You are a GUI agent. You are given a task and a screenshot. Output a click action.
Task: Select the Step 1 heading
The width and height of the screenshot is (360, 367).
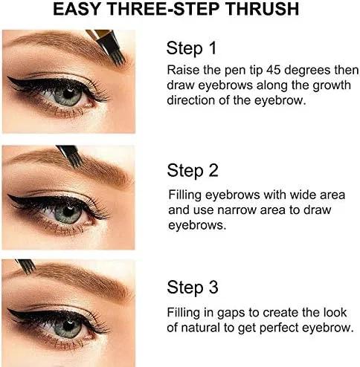[191, 48]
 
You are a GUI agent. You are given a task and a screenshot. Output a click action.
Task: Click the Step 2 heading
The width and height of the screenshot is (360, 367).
[193, 170]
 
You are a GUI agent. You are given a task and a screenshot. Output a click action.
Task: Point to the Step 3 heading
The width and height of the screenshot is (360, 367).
[193, 288]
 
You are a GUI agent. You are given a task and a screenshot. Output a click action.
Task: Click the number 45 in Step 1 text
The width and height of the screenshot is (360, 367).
[274, 71]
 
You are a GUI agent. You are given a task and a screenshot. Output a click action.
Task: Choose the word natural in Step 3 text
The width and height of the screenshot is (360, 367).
[201, 328]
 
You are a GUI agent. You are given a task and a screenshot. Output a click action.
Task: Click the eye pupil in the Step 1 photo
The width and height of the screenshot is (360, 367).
[68, 94]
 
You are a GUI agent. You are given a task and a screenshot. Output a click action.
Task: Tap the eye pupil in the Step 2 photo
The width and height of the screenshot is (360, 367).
[68, 212]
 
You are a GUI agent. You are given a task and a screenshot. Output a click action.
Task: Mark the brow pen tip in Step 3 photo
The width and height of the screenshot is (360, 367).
[29, 268]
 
